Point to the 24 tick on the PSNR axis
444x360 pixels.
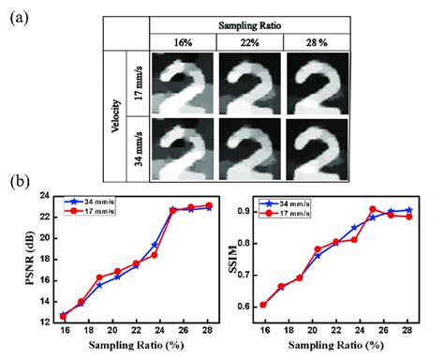coord(47,195)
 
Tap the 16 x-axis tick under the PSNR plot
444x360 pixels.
coord(64,333)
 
